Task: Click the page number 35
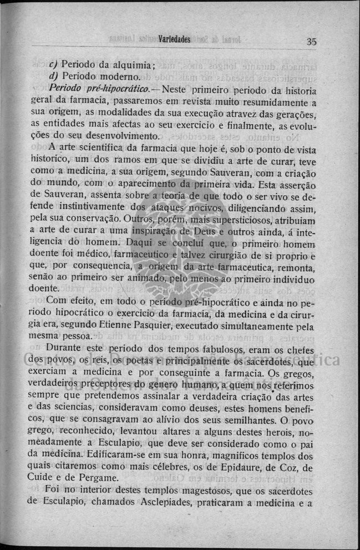311,41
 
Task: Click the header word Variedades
174,39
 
